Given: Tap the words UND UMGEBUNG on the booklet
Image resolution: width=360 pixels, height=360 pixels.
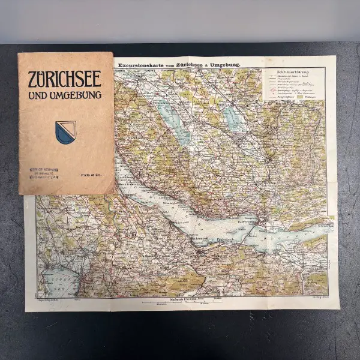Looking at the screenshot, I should (x=65, y=95).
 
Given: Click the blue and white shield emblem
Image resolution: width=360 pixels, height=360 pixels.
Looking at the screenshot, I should (x=65, y=130).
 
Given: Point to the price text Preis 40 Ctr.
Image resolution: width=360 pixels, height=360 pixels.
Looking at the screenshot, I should (x=91, y=174).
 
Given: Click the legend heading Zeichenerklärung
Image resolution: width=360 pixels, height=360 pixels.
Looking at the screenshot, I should (x=293, y=72).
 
